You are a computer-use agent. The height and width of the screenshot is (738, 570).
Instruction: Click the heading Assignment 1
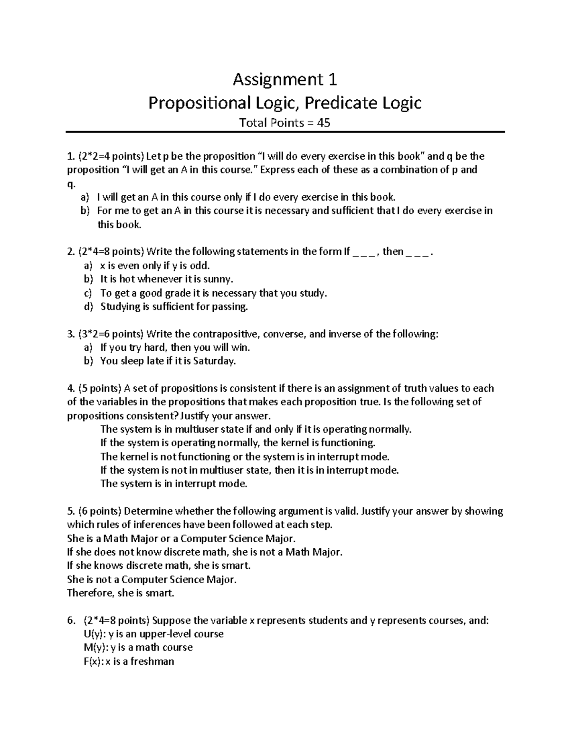click(285, 79)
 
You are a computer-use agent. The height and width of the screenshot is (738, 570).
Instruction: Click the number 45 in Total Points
click(323, 123)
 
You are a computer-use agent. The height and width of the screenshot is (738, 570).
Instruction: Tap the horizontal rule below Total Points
click(285, 132)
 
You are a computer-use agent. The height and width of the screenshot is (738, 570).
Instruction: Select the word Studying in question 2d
click(120, 307)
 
